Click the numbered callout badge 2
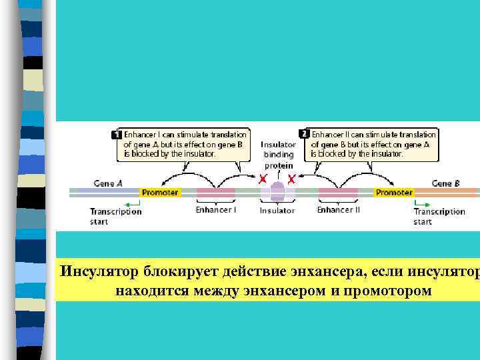(x=304, y=133)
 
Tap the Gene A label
(x=108, y=183)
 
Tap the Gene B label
(x=445, y=183)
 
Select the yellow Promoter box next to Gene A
(x=160, y=193)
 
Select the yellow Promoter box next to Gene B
(x=394, y=193)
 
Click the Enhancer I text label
(x=215, y=209)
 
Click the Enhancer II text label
(x=338, y=209)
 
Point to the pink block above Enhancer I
(x=215, y=193)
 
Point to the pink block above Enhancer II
(x=338, y=193)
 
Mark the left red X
(x=263, y=179)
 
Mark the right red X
(x=291, y=179)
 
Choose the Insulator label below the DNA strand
(x=277, y=211)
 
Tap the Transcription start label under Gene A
(x=116, y=216)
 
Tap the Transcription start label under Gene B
(x=439, y=216)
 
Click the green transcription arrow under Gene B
(x=421, y=203)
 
